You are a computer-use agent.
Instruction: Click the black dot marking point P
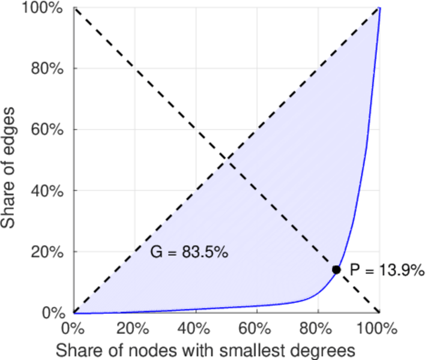click(x=337, y=270)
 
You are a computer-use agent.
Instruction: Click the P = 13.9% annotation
click(x=387, y=271)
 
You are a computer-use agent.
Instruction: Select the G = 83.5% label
click(x=188, y=253)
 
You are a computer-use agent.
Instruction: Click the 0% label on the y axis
click(x=54, y=313)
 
